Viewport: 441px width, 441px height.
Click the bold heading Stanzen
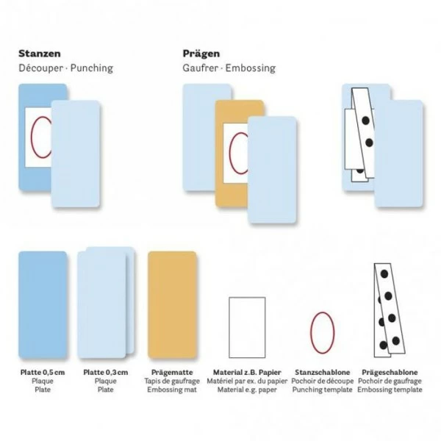tap(40, 54)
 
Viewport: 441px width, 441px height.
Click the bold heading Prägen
tap(201, 54)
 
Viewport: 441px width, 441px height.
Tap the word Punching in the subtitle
tap(92, 68)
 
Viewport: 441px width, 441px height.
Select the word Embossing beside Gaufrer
tap(251, 68)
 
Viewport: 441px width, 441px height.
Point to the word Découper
tap(40, 68)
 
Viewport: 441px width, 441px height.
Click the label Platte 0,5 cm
tap(43, 373)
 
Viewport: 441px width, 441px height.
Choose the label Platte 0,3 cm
tap(105, 373)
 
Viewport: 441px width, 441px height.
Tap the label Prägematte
tap(172, 373)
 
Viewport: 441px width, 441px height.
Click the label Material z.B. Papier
tap(247, 373)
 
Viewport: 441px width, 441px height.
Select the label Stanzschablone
tap(323, 373)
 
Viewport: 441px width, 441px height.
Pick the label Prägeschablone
tap(390, 373)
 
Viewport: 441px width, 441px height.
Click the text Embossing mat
tap(172, 390)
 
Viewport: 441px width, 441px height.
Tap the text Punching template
tap(323, 390)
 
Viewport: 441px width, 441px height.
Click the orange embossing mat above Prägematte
tap(172, 305)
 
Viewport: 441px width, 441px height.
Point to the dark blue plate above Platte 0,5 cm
tap(43, 305)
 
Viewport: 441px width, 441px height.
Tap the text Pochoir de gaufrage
tap(390, 381)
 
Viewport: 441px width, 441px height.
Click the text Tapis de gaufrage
tap(172, 381)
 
